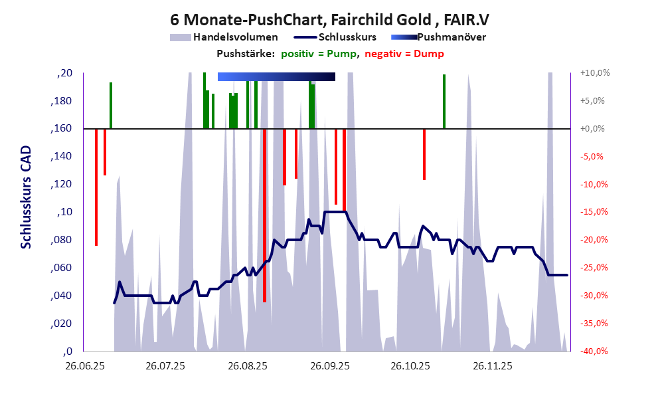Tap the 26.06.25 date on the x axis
pyautogui.click(x=84, y=365)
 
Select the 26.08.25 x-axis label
pyautogui.click(x=248, y=365)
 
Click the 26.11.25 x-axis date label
pyautogui.click(x=492, y=365)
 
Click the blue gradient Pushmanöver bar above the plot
pyautogui.click(x=276, y=76)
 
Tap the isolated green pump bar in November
pyautogui.click(x=444, y=101)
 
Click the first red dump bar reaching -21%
pyautogui.click(x=96, y=187)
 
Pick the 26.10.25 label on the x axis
pyautogui.click(x=410, y=365)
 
